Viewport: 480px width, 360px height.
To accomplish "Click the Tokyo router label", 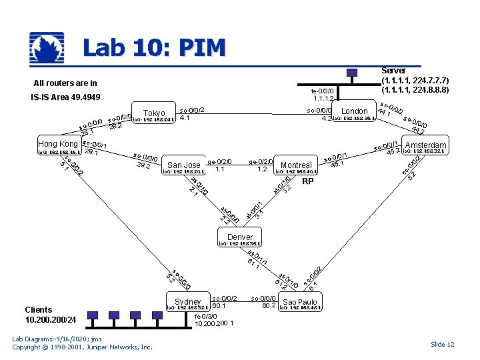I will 154,113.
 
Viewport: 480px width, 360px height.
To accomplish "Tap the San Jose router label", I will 183,165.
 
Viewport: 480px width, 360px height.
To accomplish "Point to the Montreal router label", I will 297,165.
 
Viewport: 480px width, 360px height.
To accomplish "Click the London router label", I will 354,111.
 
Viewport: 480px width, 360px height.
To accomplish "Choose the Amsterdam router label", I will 425,145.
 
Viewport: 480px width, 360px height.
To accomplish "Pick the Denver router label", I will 240,237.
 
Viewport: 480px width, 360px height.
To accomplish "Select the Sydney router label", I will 187,302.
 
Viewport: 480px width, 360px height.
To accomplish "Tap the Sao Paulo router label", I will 300,302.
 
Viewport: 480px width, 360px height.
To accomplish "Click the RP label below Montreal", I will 307,181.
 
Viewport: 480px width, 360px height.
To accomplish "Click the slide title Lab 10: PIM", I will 154,48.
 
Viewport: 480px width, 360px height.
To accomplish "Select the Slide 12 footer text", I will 442,344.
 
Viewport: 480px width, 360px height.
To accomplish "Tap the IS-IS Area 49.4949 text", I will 65,98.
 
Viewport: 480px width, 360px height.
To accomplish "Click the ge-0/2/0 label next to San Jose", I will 219,161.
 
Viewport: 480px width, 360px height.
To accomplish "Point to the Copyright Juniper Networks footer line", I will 82,347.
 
